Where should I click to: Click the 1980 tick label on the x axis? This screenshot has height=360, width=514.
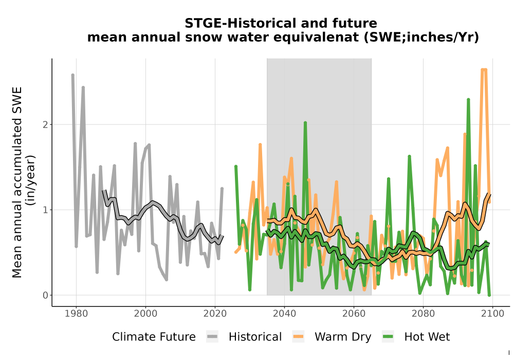76,314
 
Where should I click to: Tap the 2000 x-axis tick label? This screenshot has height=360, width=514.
145,314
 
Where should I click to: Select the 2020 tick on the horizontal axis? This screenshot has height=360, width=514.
215,314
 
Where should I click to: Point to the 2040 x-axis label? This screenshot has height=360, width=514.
284,314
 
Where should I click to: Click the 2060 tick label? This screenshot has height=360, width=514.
354,314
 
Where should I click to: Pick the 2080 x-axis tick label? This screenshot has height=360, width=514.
423,314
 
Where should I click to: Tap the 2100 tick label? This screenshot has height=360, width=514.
492,314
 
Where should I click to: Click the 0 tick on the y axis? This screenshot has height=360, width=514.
46,295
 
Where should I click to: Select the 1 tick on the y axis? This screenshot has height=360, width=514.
46,210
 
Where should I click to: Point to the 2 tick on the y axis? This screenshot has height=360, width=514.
46,124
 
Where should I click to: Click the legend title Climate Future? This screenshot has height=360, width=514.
154,337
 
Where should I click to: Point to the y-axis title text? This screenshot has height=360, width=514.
23,182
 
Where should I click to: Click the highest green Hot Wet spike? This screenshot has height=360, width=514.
468,99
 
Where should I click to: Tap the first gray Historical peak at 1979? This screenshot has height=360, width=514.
73,75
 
